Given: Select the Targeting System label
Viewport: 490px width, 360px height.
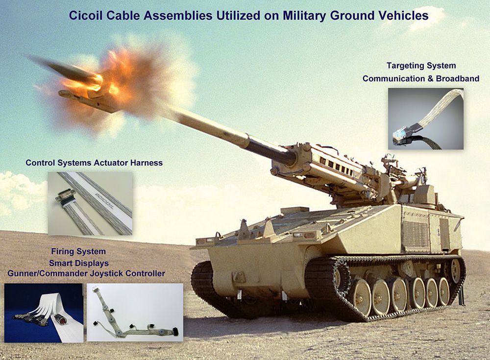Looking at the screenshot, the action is pyautogui.click(x=421, y=66).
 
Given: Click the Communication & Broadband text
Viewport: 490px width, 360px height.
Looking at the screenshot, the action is pyautogui.click(x=421, y=78).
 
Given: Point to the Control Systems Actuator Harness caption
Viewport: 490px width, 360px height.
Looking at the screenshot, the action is pyautogui.click(x=94, y=163).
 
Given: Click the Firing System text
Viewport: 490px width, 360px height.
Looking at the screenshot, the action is pyautogui.click(x=78, y=251).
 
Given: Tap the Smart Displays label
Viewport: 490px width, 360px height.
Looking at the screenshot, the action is pyautogui.click(x=79, y=263).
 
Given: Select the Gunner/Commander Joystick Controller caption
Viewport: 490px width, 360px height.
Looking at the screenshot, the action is pyautogui.click(x=86, y=273).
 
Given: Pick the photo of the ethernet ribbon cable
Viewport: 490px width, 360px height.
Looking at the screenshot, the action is pyautogui.click(x=426, y=119).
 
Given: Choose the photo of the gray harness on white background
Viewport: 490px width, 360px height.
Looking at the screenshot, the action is pyautogui.click(x=135, y=312).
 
